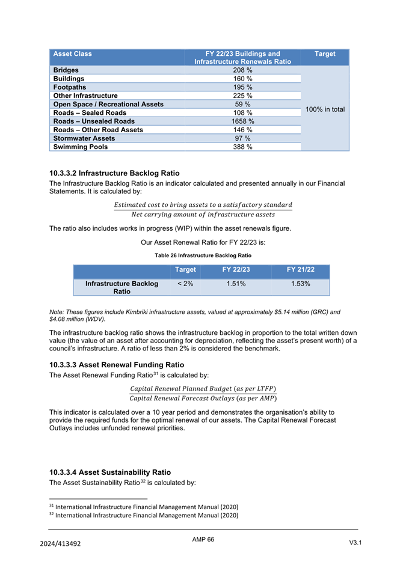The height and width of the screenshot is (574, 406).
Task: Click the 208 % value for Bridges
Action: [242, 70]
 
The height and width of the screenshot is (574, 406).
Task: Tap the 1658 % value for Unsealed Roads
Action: [242, 121]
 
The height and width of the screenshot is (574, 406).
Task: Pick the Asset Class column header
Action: [73, 54]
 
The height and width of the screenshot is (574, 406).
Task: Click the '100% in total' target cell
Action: [325, 109]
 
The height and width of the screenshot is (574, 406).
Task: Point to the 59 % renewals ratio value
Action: [242, 104]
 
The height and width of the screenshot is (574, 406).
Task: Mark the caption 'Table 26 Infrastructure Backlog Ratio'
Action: [203, 255]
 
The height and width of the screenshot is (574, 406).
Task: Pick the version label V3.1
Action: [358, 543]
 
